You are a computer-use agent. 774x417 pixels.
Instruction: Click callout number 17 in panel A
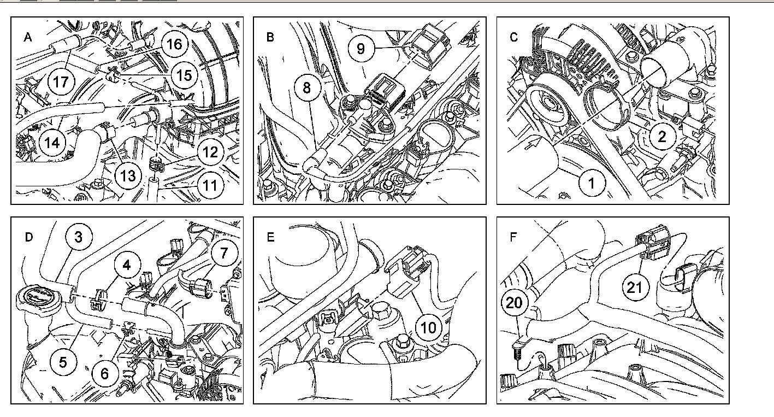[x=61, y=82]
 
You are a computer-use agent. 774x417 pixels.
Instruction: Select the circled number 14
[x=52, y=143]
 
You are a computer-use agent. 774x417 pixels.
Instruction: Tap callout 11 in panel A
[x=210, y=185]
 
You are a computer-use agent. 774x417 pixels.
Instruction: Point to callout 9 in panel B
[x=361, y=48]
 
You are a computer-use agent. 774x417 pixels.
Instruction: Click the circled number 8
[x=307, y=88]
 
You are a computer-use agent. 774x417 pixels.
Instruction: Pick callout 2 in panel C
[x=661, y=136]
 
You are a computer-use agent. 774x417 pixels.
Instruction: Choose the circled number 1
[x=592, y=183]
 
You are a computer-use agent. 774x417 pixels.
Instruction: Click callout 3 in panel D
[x=79, y=237]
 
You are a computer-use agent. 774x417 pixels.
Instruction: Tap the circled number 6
[x=104, y=373]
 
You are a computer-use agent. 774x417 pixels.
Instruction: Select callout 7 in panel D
[x=228, y=252]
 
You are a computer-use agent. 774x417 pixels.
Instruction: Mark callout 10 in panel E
[x=429, y=327]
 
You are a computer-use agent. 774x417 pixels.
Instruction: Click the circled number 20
[x=515, y=303]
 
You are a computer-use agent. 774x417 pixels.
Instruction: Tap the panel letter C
[x=513, y=37]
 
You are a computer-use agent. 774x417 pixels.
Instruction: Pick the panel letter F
[x=512, y=237]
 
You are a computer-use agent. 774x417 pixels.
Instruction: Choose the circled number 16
[x=174, y=44]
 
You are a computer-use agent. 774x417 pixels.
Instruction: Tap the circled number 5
[x=63, y=362]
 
